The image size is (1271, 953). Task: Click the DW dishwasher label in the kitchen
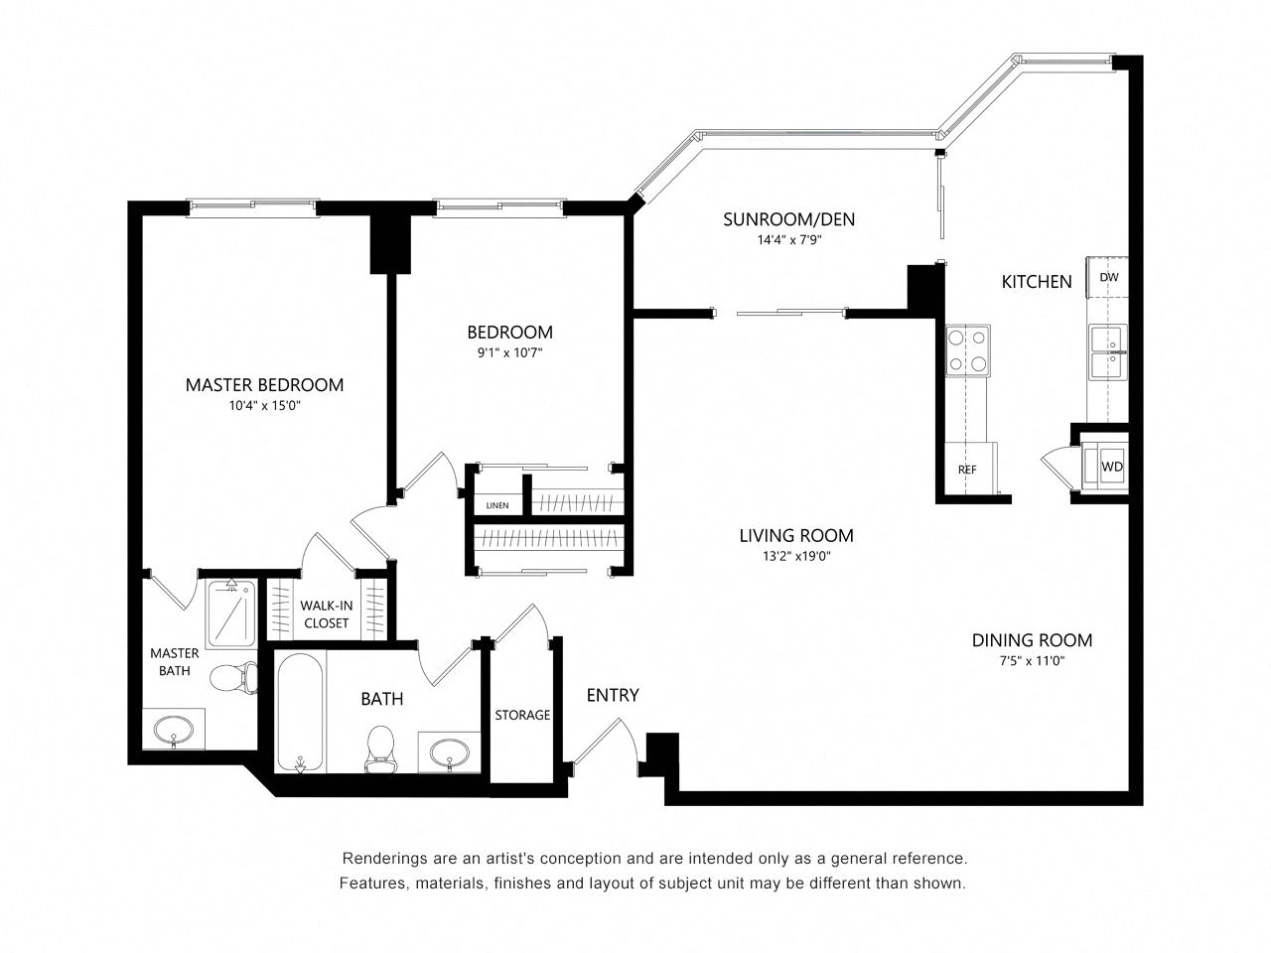tap(1108, 277)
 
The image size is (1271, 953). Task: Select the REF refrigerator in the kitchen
tap(967, 469)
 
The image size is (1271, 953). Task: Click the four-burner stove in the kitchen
tap(967, 350)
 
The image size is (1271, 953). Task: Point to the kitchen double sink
tap(1108, 351)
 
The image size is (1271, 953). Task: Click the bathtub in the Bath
tap(299, 713)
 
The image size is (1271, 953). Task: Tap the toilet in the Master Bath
tap(233, 678)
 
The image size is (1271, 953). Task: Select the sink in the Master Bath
tap(173, 729)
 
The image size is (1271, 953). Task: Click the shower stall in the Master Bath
tap(231, 613)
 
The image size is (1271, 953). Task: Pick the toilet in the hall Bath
tap(379, 749)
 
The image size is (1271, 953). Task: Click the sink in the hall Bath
tap(450, 752)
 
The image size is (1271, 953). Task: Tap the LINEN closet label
tap(496, 505)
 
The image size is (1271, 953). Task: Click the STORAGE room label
tap(522, 715)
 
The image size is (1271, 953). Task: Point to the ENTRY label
tap(612, 695)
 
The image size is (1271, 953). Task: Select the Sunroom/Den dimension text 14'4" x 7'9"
tap(789, 239)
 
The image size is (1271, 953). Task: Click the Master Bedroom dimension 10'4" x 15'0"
tap(264, 406)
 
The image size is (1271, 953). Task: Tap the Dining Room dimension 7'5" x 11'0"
tap(1032, 660)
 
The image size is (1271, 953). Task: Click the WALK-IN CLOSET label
tap(326, 613)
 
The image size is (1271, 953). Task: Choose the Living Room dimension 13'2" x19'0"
tap(796, 556)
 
